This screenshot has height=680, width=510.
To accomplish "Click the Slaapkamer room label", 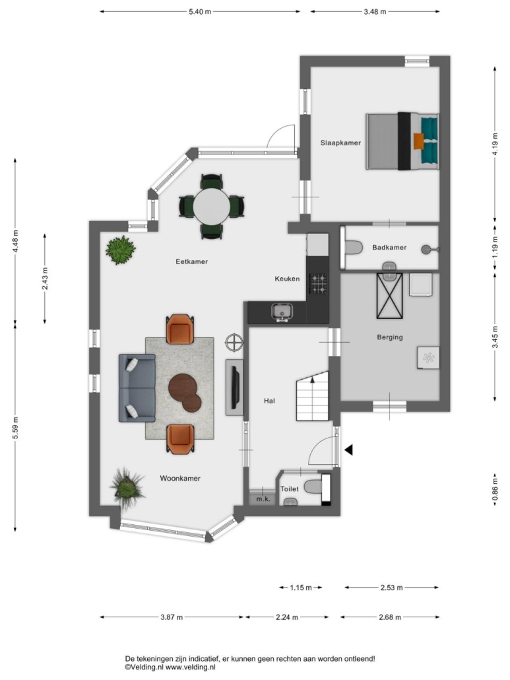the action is click(340, 143).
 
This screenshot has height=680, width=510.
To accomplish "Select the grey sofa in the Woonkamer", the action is click(137, 388).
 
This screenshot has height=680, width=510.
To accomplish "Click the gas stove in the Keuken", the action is click(317, 284).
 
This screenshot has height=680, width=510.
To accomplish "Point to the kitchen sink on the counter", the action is click(282, 312).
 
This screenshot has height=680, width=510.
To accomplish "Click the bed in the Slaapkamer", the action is click(402, 141).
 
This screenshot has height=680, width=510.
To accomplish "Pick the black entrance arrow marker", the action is click(348, 450).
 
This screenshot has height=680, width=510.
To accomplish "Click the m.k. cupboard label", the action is click(263, 499).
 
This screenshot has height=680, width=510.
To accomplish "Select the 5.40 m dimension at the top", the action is click(200, 12).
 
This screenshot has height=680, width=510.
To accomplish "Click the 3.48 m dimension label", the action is click(375, 12).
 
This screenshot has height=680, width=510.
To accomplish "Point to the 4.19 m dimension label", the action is click(495, 143).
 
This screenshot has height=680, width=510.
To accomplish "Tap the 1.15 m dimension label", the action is click(301, 588).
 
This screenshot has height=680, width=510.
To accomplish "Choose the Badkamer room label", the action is click(389, 248).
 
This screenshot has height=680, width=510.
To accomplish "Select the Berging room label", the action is click(389, 337).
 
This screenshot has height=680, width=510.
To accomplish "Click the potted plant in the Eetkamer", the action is click(121, 250).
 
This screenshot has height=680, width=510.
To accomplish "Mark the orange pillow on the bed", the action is click(418, 141).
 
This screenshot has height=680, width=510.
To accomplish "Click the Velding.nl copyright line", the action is click(170, 668).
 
